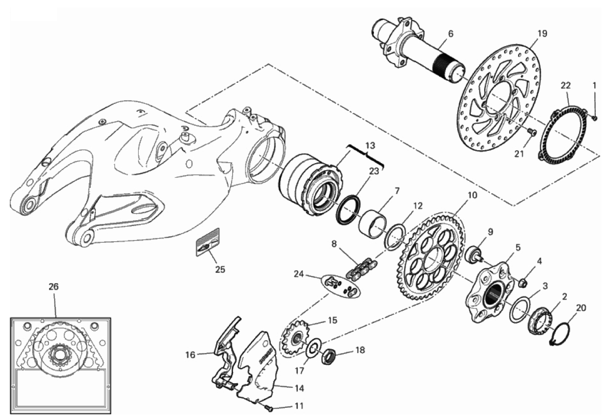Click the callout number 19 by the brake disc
(x=542, y=33)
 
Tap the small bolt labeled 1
(x=595, y=117)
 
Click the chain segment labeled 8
(x=362, y=268)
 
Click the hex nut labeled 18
(x=329, y=356)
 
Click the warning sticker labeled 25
(x=208, y=242)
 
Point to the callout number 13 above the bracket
(x=370, y=146)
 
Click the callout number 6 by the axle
(x=450, y=34)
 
